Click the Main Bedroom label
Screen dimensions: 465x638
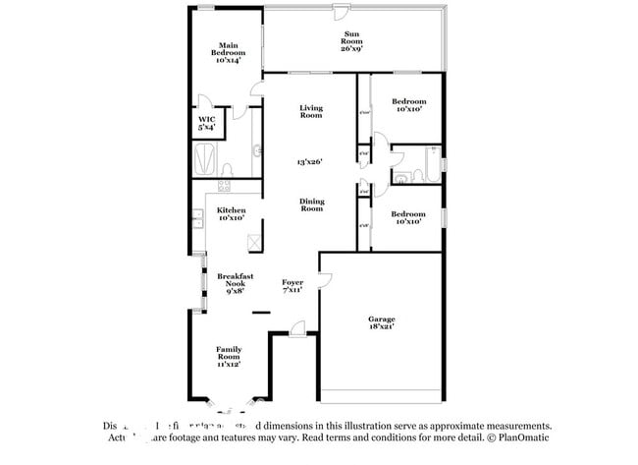pyautogui.click(x=229, y=53)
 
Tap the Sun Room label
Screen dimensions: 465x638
pyautogui.click(x=351, y=40)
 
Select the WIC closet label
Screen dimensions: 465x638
pyautogui.click(x=207, y=123)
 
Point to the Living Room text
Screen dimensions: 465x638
pyautogui.click(x=311, y=112)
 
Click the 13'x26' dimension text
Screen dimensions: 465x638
pyautogui.click(x=311, y=162)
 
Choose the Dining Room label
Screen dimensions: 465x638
pyautogui.click(x=311, y=205)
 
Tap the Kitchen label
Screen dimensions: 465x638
pyautogui.click(x=232, y=214)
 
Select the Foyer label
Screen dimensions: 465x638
pyautogui.click(x=292, y=286)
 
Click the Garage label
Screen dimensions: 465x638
pyautogui.click(x=381, y=323)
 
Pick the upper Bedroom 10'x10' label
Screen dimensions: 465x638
pyautogui.click(x=408, y=106)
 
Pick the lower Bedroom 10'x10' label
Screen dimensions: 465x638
pyautogui.click(x=408, y=218)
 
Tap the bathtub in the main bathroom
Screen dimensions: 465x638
pyautogui.click(x=207, y=157)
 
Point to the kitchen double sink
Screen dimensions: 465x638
pyautogui.click(x=197, y=217)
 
